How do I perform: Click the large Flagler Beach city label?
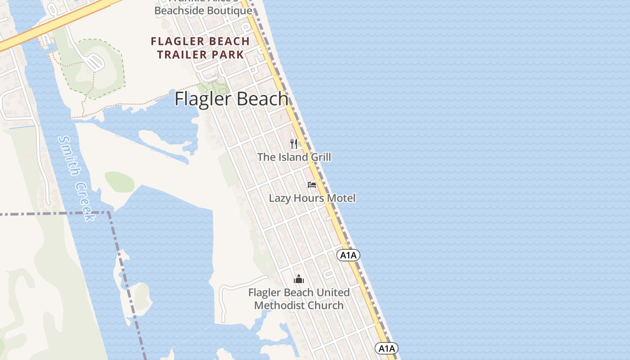pos(231,99)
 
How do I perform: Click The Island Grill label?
pos(294,157)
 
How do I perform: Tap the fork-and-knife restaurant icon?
pos(294,144)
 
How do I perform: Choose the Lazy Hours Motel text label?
pos(312,198)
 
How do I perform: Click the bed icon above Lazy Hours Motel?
pos(312,184)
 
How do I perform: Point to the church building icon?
pos(299,279)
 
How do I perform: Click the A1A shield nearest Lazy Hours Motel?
pos(348,256)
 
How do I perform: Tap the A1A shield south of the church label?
pos(387,348)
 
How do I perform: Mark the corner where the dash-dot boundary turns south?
pos(109,212)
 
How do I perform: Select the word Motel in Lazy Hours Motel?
pos(341,198)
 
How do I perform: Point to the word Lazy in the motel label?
pos(278,198)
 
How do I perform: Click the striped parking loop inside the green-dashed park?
pos(95,62)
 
